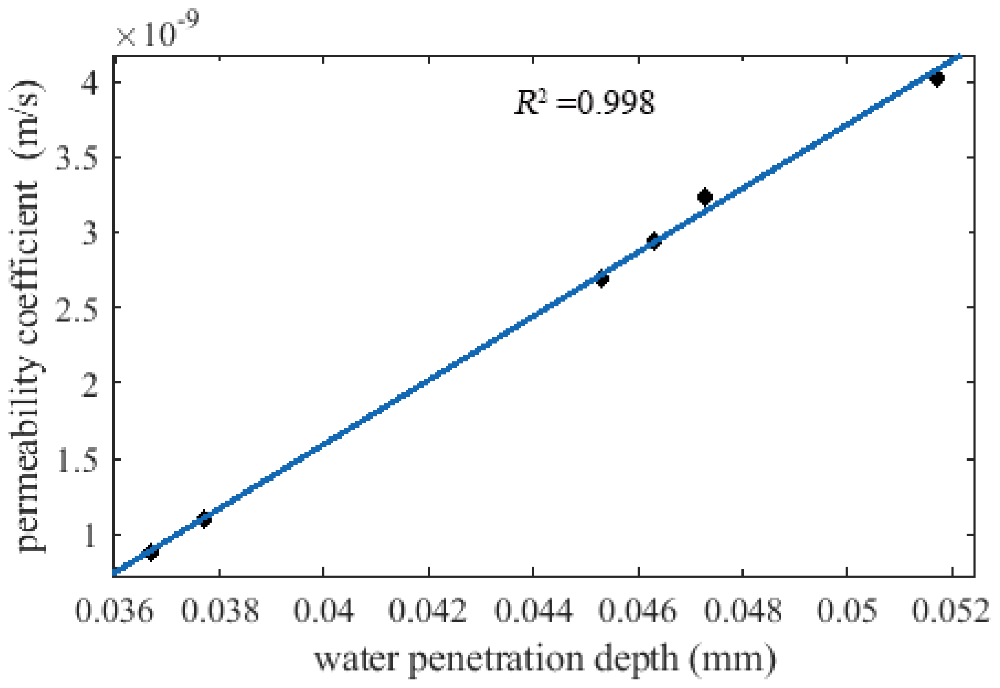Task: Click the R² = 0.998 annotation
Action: [584, 102]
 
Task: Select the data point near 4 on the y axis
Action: [936, 78]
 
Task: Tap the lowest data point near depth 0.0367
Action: [151, 552]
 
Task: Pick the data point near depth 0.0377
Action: [204, 519]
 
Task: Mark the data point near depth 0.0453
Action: [602, 279]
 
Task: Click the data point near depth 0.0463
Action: [653, 241]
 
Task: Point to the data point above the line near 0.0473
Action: [705, 197]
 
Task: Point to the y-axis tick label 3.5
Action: [77, 158]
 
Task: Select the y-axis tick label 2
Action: [90, 383]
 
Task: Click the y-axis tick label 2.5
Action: [77, 308]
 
